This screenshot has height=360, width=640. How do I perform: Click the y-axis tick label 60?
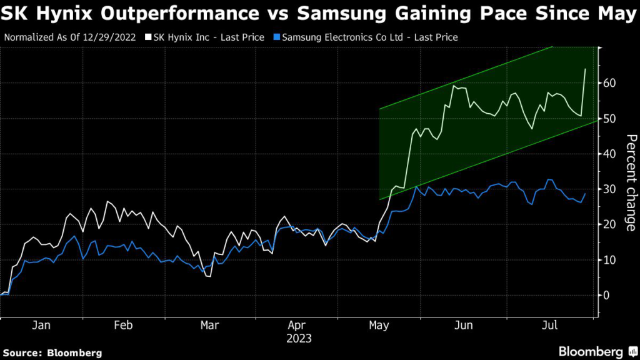[x=609, y=83]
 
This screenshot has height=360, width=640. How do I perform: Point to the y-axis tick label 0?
[x=606, y=295]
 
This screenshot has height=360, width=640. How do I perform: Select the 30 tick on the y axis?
[x=609, y=189]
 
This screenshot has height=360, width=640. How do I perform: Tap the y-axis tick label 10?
[x=609, y=260]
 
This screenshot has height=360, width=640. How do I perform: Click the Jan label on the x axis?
[x=41, y=326]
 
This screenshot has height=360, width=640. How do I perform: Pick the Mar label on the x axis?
[x=209, y=326]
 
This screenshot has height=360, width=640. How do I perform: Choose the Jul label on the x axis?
[x=550, y=326]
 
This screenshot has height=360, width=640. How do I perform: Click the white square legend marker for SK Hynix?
[x=148, y=37]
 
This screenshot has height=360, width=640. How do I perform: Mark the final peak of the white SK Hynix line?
[x=585, y=69]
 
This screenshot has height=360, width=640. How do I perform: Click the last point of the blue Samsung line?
[x=585, y=194]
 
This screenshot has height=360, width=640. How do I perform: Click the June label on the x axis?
[x=463, y=326]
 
